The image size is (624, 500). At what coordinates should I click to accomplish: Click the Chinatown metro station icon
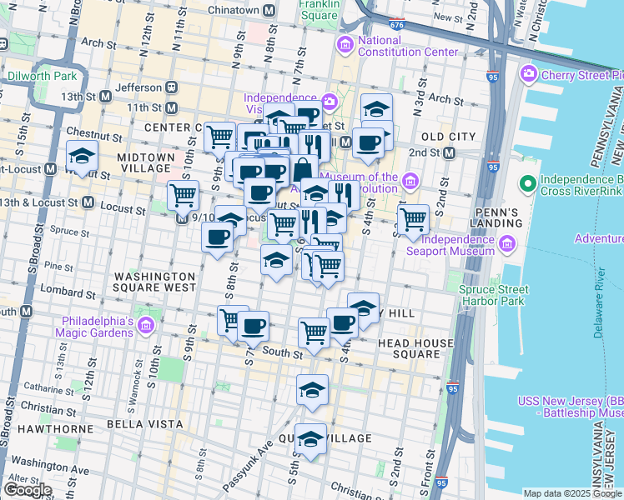pyautogui.click(x=269, y=11)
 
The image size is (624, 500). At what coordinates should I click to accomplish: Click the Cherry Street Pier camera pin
pyautogui.click(x=527, y=76)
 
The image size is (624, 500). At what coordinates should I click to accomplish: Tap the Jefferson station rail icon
pyautogui.click(x=172, y=87)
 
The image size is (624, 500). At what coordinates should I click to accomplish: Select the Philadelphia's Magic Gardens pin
pyautogui.click(x=147, y=325)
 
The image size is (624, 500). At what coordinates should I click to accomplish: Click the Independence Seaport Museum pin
pyautogui.click(x=507, y=244)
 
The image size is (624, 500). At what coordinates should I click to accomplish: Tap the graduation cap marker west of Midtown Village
pyautogui.click(x=82, y=156)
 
